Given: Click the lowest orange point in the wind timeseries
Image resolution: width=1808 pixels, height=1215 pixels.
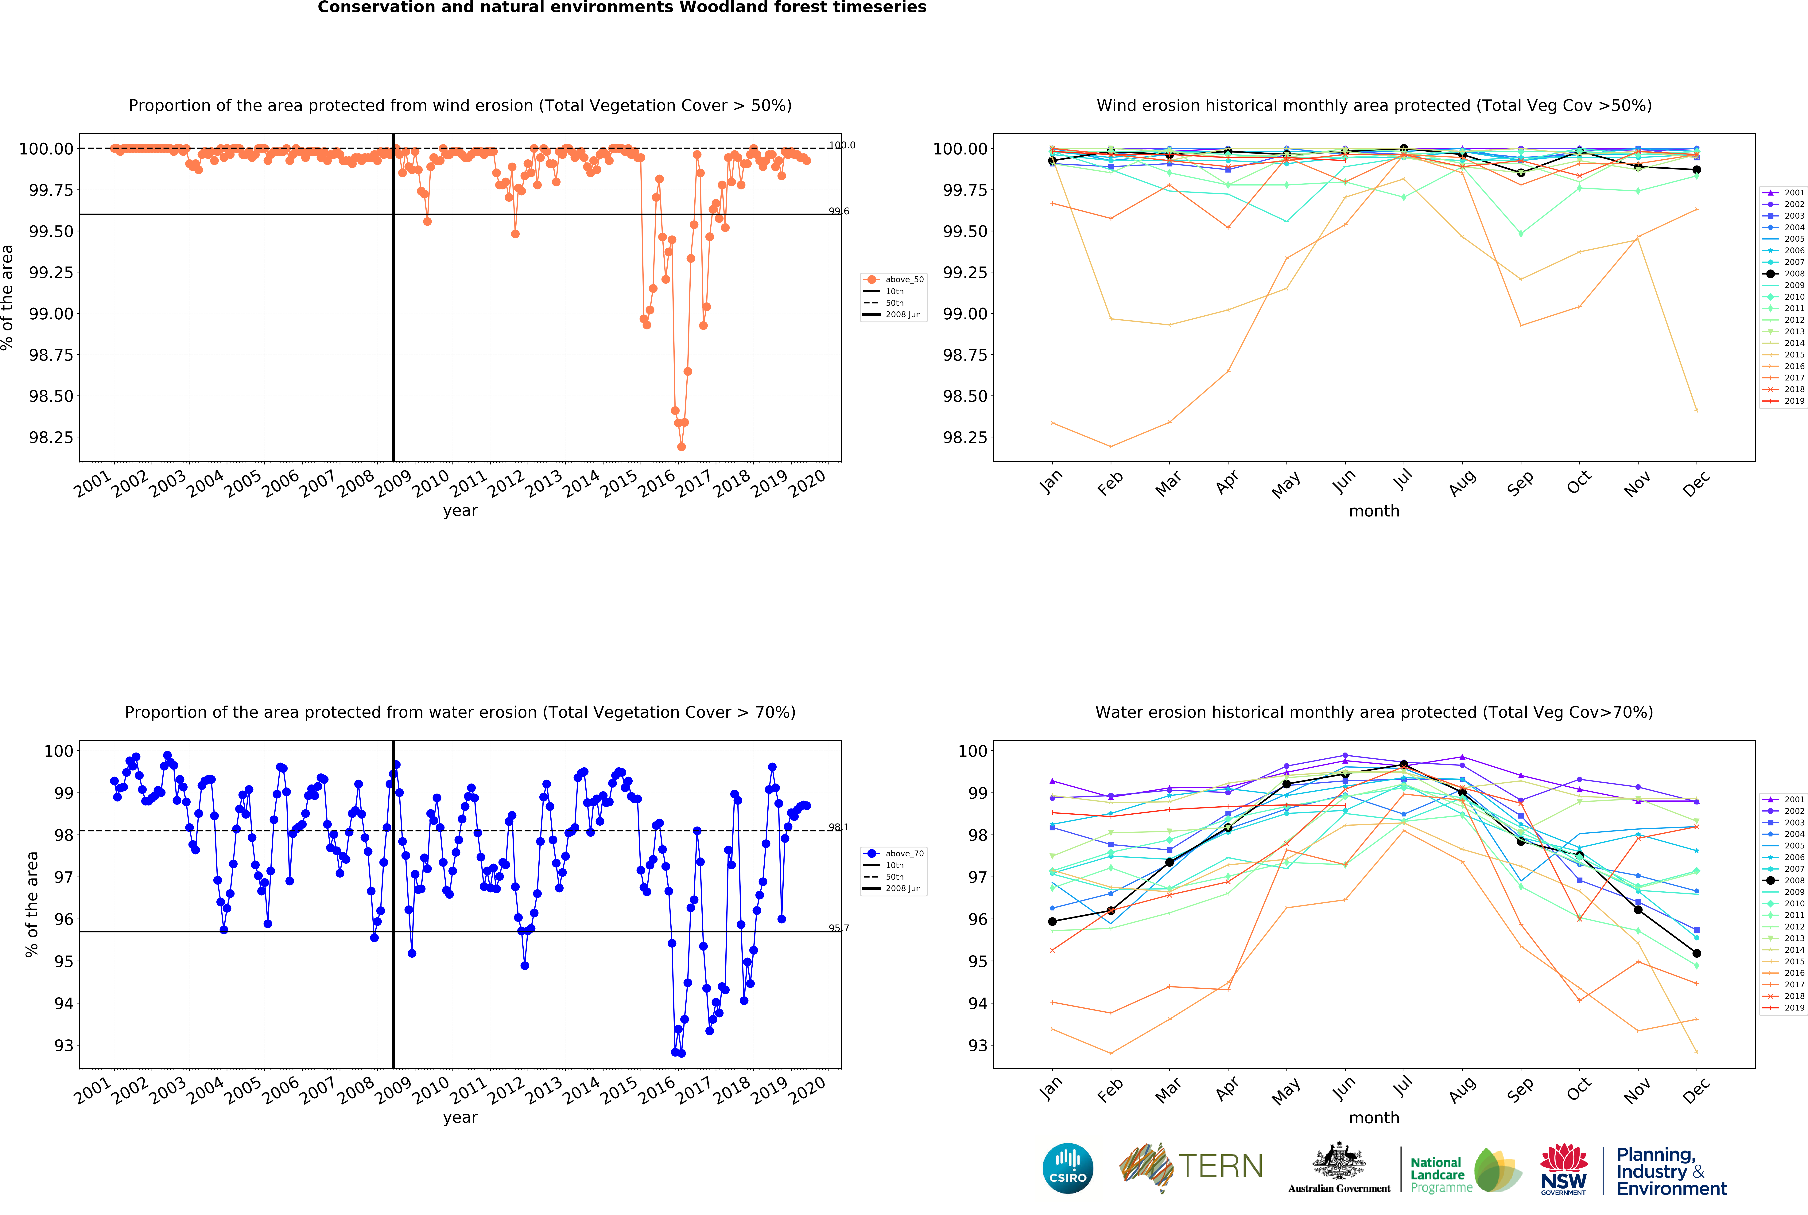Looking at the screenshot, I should pyautogui.click(x=681, y=446).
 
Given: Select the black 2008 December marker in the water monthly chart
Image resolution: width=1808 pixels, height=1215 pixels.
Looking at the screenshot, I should pyautogui.click(x=1697, y=953).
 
